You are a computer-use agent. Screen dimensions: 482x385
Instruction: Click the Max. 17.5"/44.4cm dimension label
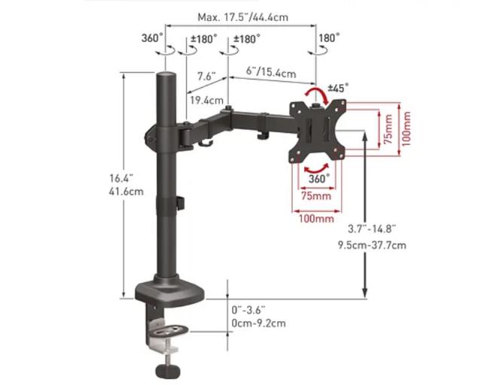243,17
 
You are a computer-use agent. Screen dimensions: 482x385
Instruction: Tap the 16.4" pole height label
121,178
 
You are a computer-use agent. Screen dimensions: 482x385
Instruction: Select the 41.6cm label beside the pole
126,192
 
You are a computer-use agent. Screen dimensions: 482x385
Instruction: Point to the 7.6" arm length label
206,76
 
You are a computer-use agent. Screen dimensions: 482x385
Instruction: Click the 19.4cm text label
206,101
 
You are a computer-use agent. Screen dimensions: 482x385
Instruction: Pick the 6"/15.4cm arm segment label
271,72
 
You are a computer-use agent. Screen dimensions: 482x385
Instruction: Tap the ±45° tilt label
338,88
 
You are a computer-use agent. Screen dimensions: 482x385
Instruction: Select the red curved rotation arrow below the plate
316,169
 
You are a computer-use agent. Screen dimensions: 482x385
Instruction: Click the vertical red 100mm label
407,129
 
